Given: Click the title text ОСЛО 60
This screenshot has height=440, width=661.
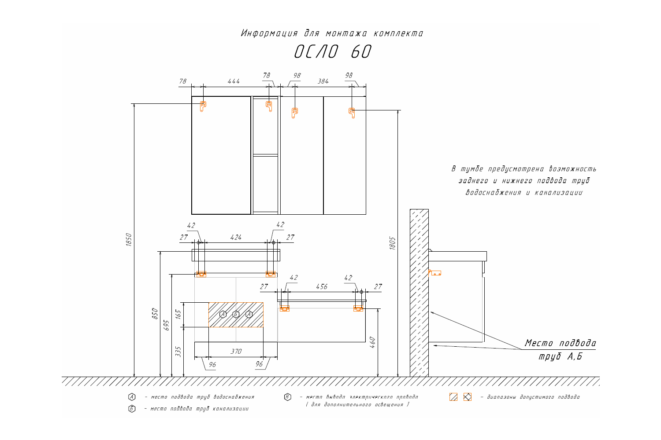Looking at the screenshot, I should click(333, 52).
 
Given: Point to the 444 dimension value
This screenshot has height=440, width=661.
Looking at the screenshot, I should click(234, 81).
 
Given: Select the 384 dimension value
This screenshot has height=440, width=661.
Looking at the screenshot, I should click(323, 81).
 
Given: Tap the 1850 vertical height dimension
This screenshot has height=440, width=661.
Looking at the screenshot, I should click(129, 240).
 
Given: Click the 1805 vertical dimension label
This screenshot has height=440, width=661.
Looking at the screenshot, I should click(393, 243).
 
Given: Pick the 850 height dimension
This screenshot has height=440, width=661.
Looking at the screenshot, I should click(155, 313).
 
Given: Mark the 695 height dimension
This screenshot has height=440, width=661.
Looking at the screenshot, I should click(166, 325).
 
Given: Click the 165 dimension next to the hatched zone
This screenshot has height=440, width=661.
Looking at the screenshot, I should click(178, 315).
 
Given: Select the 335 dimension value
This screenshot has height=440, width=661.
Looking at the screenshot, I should click(178, 351).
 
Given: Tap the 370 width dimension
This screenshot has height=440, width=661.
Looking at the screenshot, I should click(236, 352).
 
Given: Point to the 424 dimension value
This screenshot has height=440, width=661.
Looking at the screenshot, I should click(236, 238).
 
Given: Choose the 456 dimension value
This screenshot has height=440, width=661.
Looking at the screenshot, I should click(322, 287).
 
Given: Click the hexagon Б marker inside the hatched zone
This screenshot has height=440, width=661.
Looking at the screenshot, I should click(236, 314).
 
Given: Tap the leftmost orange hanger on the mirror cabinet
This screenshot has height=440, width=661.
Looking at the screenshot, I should click(203, 106).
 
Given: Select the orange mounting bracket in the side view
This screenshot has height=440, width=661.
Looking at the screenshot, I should click(435, 273).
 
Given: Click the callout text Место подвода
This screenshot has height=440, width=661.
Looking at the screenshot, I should click(560, 343).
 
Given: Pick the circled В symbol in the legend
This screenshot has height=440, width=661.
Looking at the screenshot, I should click(287, 397).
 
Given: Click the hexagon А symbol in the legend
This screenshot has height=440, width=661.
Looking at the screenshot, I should click(131, 397).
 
